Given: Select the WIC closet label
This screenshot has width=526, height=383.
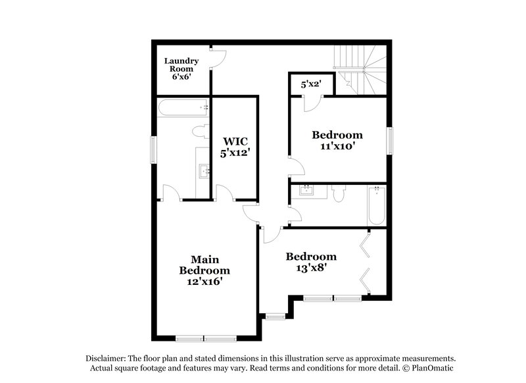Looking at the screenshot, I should tap(235, 141).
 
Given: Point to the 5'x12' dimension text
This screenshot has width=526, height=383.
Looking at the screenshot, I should tap(235, 153).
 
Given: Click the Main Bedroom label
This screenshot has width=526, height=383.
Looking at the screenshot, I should tap(204, 265).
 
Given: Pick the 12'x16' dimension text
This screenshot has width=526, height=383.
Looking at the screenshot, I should tap(204, 281).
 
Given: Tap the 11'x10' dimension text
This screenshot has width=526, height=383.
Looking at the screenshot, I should tap(337, 147).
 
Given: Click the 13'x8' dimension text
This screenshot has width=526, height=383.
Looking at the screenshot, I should tap(311, 268).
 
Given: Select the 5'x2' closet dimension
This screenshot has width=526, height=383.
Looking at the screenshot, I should tap(312, 84).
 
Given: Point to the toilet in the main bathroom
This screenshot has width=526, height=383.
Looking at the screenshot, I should tap(201, 131).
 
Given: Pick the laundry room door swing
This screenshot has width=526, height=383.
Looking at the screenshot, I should tap(218, 59).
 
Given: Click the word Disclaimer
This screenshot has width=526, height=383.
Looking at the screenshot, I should tap(107, 357).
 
